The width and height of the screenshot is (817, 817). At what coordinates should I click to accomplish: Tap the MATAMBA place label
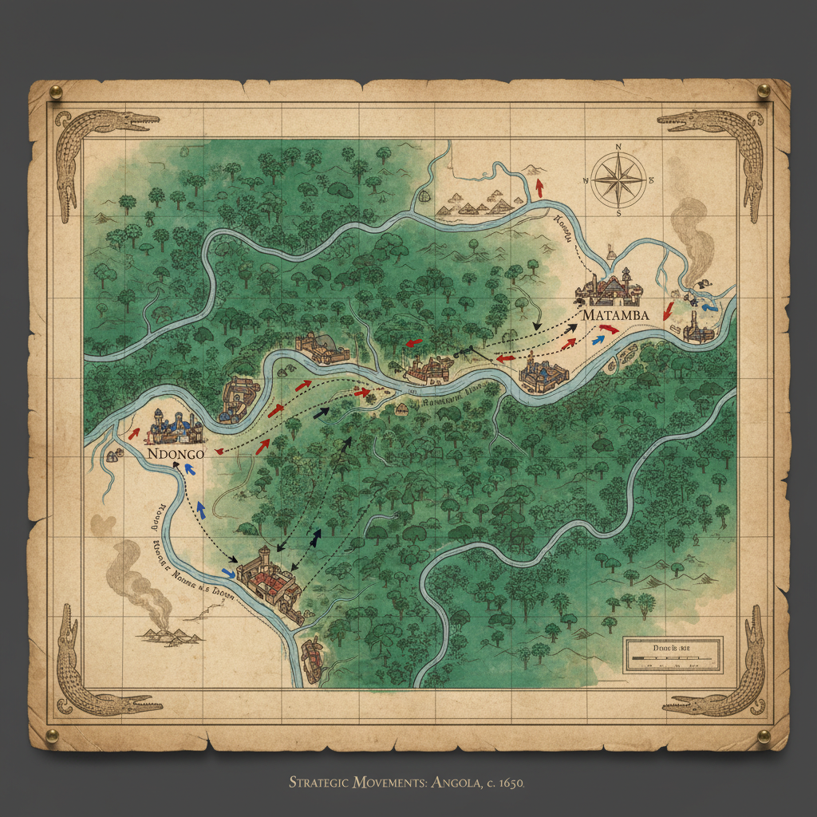pyautogui.click(x=615, y=315)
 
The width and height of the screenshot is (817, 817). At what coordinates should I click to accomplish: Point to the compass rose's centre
pyautogui.click(x=619, y=180)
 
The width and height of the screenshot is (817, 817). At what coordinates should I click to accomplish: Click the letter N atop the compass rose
pyautogui.click(x=619, y=146)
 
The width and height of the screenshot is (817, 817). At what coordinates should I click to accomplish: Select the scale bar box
pyautogui.click(x=673, y=653)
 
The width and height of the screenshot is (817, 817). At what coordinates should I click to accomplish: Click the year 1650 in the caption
pyautogui.click(x=509, y=783)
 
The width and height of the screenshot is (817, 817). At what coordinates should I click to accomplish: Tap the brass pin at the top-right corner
pyautogui.click(x=763, y=89)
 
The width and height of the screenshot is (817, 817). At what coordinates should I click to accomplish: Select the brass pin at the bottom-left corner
pyautogui.click(x=53, y=735)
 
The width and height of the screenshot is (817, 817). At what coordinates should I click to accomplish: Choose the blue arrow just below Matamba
pyautogui.click(x=597, y=339)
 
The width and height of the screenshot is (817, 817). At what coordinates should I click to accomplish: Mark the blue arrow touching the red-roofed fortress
pyautogui.click(x=229, y=573)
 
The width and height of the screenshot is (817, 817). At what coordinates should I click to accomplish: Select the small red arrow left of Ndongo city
pyautogui.click(x=133, y=433)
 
